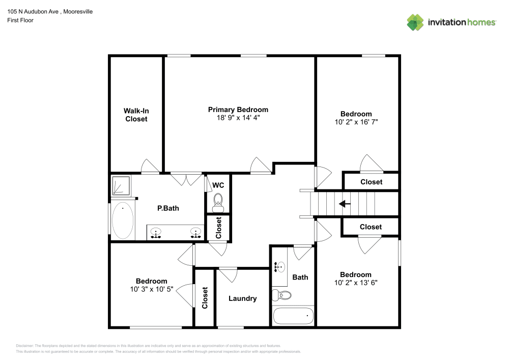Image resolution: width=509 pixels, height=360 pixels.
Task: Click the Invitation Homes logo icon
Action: click(x=415, y=22)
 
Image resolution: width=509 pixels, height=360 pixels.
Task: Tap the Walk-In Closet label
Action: click(x=136, y=115)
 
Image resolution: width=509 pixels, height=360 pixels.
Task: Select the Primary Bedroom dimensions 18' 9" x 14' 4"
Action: click(x=238, y=118)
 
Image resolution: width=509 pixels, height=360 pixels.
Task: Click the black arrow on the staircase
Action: click(x=345, y=204)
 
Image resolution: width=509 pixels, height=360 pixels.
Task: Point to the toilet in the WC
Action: click(x=218, y=201)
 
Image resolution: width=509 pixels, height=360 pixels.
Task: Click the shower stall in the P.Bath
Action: click(x=121, y=186)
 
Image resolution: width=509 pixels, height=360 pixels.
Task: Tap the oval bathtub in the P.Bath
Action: click(x=123, y=221)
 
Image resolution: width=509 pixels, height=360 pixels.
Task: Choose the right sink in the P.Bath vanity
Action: click(x=195, y=233)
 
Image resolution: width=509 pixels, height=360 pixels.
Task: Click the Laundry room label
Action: click(x=242, y=298)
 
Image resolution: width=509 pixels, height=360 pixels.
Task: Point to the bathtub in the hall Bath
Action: click(x=293, y=316)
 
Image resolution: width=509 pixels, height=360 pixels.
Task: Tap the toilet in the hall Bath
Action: click(x=281, y=295)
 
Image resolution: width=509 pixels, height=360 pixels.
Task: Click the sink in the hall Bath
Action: click(x=279, y=266)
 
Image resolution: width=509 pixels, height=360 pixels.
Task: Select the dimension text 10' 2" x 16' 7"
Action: click(x=356, y=122)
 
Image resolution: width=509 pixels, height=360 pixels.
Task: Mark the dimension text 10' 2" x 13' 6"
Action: click(x=356, y=283)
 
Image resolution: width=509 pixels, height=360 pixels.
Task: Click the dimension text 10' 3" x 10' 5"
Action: click(x=151, y=289)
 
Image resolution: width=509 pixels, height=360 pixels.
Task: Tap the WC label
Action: click(x=218, y=185)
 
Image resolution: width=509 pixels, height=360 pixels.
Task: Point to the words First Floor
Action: click(x=20, y=20)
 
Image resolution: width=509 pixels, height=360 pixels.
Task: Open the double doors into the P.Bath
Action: click(x=185, y=179)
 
